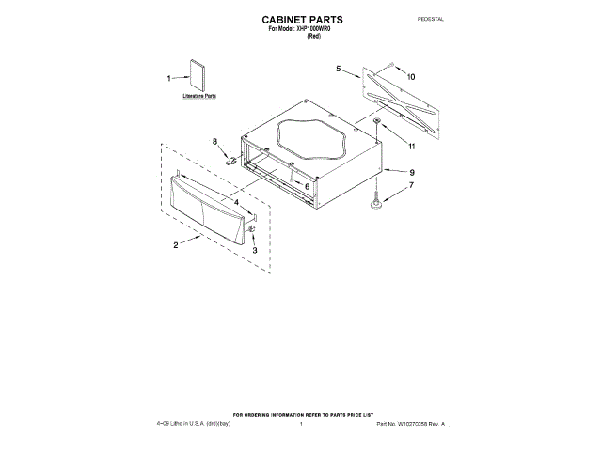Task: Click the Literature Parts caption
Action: point(198,97)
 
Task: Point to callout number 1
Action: point(169,79)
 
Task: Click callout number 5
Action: point(338,69)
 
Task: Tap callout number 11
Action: point(411,146)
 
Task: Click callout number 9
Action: point(411,172)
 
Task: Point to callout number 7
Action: point(411,187)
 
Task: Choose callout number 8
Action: point(214,142)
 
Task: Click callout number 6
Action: point(307,186)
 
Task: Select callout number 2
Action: point(176,245)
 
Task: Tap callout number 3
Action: point(255,249)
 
